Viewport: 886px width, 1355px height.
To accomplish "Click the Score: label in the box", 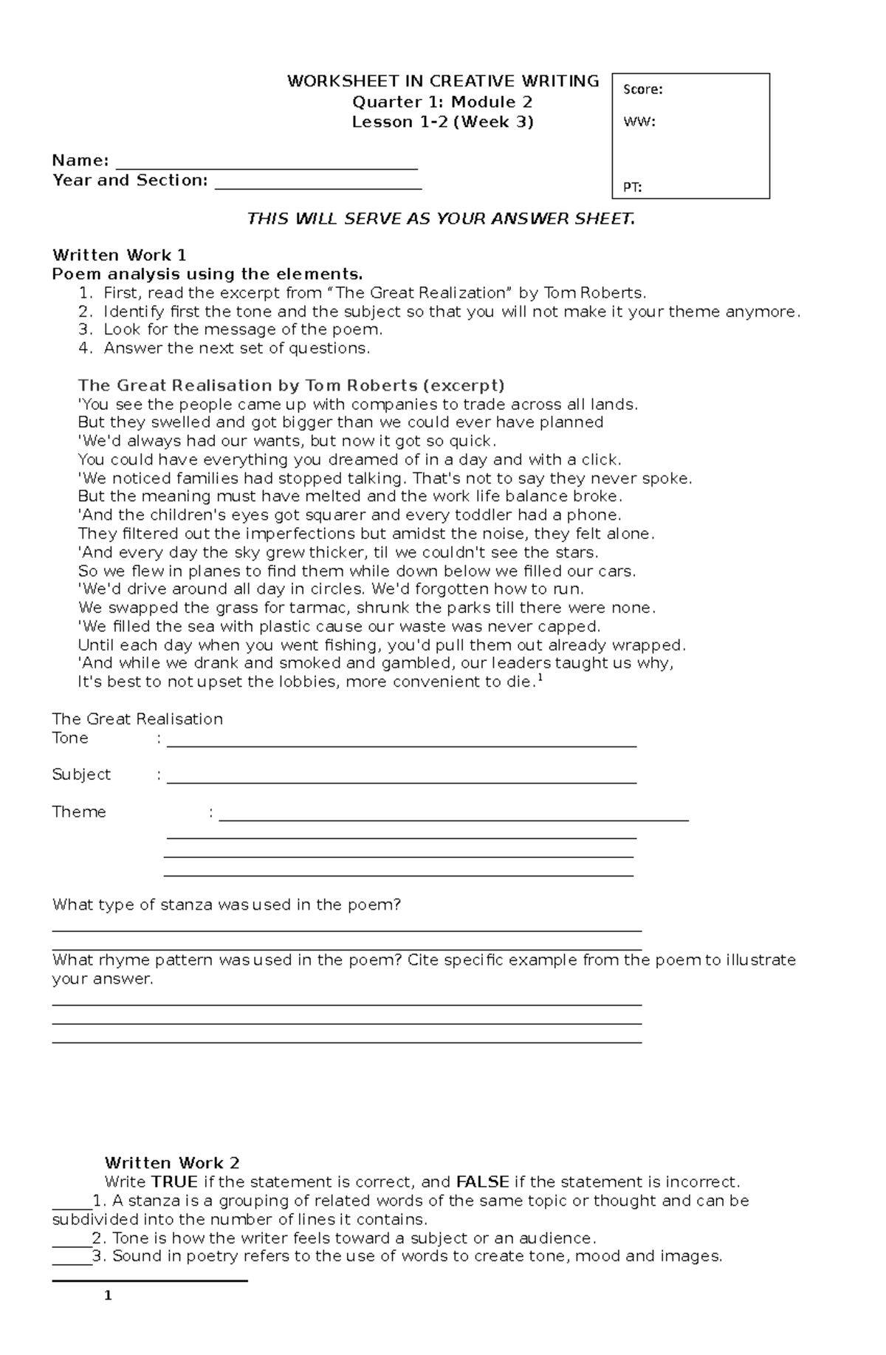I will point(642,89).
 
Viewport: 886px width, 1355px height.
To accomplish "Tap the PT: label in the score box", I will point(632,187).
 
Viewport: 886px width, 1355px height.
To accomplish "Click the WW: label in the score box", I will point(639,122).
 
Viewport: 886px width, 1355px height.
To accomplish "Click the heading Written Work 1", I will point(119,255).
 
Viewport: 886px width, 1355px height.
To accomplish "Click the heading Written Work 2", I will point(171,1163).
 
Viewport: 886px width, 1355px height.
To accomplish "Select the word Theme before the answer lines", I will point(79,812).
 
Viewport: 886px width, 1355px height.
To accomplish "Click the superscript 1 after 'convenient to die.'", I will point(540,677).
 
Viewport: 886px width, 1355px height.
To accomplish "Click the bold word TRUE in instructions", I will point(174,1181).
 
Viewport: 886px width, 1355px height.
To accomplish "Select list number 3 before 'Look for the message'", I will point(86,329).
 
